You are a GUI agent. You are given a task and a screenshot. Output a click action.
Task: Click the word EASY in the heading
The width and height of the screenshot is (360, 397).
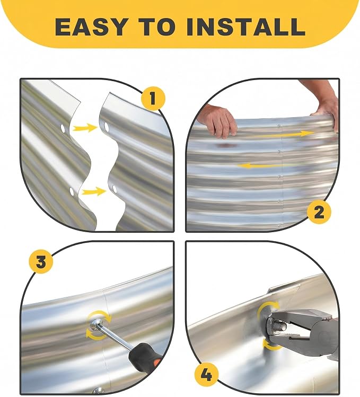(91, 27)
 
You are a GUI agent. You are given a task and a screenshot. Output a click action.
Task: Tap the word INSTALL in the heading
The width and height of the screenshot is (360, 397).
(245, 27)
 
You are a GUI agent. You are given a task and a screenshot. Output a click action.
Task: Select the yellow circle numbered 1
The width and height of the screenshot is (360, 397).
(153, 98)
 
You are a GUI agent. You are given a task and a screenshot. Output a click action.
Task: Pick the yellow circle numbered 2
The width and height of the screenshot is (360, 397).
(319, 212)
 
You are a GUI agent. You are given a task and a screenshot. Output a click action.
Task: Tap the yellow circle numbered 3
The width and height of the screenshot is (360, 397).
(41, 261)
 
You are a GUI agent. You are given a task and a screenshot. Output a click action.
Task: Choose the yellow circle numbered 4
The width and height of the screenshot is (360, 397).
(206, 375)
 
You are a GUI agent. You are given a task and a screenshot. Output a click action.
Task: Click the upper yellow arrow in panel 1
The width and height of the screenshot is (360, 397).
(85, 127)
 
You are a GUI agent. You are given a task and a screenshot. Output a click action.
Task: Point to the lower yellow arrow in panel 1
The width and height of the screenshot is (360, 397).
(93, 191)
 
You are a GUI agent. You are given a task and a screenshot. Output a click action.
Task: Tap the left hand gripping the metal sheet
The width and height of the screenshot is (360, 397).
(218, 121)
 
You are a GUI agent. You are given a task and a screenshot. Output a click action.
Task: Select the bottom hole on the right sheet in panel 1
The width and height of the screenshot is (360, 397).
(115, 189)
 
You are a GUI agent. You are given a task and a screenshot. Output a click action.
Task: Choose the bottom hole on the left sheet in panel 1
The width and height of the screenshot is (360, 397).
(72, 191)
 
